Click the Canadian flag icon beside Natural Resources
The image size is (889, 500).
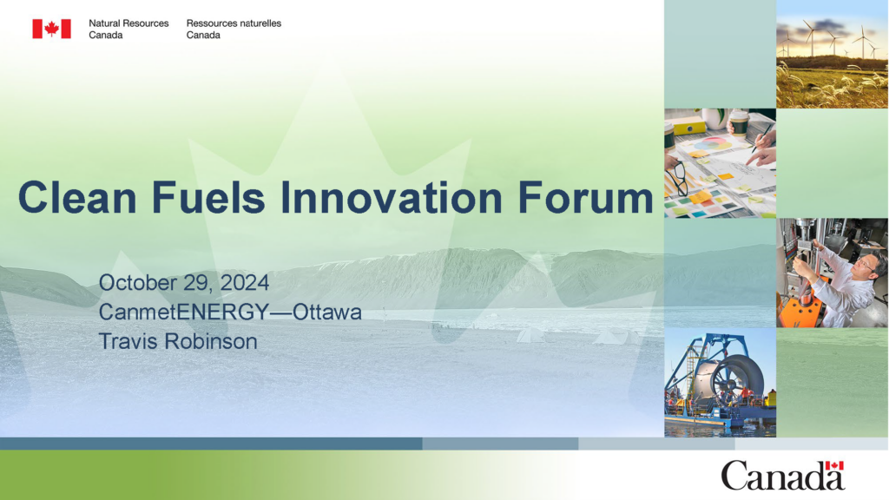coord(51,29)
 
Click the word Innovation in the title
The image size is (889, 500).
coord(392,197)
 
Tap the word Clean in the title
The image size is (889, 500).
coord(77,197)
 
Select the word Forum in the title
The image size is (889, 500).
coord(585,197)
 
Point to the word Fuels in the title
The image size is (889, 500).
coord(208,197)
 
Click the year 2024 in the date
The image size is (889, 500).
coord(244,282)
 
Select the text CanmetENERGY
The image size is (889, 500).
coord(184,312)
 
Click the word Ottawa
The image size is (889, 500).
coord(327,312)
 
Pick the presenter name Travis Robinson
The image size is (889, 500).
coord(178,341)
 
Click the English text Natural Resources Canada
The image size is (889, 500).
coord(128,29)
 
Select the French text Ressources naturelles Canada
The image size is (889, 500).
coord(234,29)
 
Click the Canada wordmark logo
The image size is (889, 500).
coord(782,475)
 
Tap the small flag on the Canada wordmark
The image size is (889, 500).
coord(834,465)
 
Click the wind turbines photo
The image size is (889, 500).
coord(832,54)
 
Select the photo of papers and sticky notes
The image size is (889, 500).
coord(720,163)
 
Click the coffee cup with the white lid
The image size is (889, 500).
coord(739,123)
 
